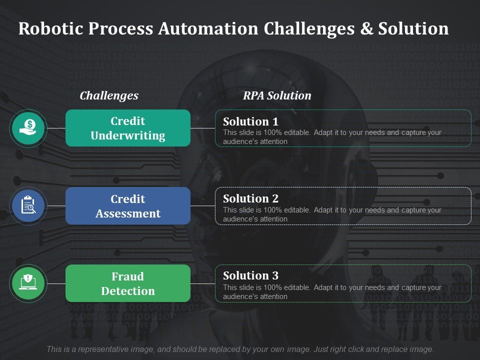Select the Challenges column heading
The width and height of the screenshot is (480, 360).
(109, 95)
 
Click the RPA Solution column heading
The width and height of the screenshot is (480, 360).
(277, 95)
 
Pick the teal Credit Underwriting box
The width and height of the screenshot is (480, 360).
(128, 128)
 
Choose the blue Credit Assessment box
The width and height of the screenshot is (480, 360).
(128, 206)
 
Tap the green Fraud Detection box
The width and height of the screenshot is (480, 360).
(128, 283)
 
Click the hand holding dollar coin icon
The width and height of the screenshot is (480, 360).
(28, 128)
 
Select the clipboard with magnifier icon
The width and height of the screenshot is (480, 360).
(28, 205)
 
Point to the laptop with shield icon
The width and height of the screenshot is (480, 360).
(28, 283)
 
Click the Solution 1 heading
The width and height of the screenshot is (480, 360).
(250, 121)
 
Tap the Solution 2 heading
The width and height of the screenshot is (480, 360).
(250, 198)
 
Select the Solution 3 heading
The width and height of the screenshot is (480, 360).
(250, 275)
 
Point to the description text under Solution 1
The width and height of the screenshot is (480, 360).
(332, 137)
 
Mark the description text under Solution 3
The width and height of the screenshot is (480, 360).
(332, 292)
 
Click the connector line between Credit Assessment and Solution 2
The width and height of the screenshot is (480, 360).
(202, 206)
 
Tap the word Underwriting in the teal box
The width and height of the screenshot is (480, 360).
(128, 136)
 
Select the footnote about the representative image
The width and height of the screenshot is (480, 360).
(240, 349)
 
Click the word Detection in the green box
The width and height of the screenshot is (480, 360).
(128, 291)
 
